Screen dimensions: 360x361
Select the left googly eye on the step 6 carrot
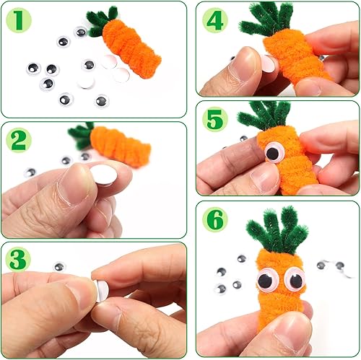coord(266,279)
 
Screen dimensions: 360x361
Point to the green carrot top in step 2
coord(83,134)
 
